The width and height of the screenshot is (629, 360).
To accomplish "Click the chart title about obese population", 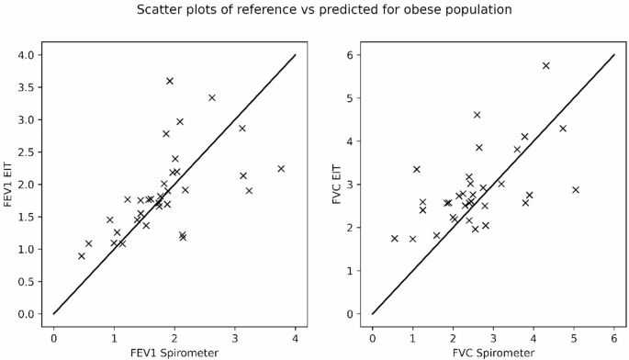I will (314, 10).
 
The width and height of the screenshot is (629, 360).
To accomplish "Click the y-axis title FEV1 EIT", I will (10, 184).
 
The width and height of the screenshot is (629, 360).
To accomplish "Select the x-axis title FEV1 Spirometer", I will (174, 353).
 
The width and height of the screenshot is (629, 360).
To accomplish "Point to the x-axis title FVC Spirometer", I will (493, 353).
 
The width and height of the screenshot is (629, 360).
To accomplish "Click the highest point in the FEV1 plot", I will (170, 81).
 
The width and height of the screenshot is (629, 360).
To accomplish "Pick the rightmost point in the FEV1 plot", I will (281, 168).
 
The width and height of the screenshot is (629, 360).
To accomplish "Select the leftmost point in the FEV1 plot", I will (82, 255).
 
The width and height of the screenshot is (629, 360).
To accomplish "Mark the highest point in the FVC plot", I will (546, 65).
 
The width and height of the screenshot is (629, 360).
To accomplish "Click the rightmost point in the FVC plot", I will (576, 189).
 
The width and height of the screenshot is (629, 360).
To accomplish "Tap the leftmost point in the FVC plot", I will (395, 238).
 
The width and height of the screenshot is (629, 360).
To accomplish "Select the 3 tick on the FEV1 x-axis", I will (235, 335).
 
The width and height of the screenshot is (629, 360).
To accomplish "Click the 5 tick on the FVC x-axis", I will (574, 335).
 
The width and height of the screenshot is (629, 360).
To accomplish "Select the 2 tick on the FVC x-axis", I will (454, 335).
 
